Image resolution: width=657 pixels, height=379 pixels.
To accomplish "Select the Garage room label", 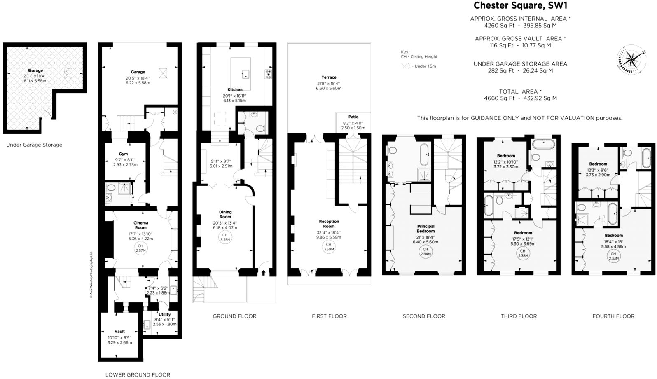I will (138, 72).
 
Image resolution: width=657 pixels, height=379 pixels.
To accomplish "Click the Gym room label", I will (123, 154).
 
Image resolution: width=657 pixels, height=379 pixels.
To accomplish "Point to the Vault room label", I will (119, 331).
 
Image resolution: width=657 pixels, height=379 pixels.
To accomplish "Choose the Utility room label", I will (164, 314).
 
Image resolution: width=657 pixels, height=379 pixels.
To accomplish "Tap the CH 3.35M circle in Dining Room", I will (225, 237).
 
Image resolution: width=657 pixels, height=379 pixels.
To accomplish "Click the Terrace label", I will (329, 77).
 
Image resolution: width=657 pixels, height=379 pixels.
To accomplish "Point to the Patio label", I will (353, 117).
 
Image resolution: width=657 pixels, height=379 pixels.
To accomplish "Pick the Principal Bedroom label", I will (426, 229).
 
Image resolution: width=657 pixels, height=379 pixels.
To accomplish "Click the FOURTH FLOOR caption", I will (613, 316).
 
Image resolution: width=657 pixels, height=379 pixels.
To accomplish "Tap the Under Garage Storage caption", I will (34, 145).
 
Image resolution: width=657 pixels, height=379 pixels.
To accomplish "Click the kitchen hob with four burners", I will (268, 74).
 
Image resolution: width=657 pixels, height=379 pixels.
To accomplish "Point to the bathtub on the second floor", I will (424, 154).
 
